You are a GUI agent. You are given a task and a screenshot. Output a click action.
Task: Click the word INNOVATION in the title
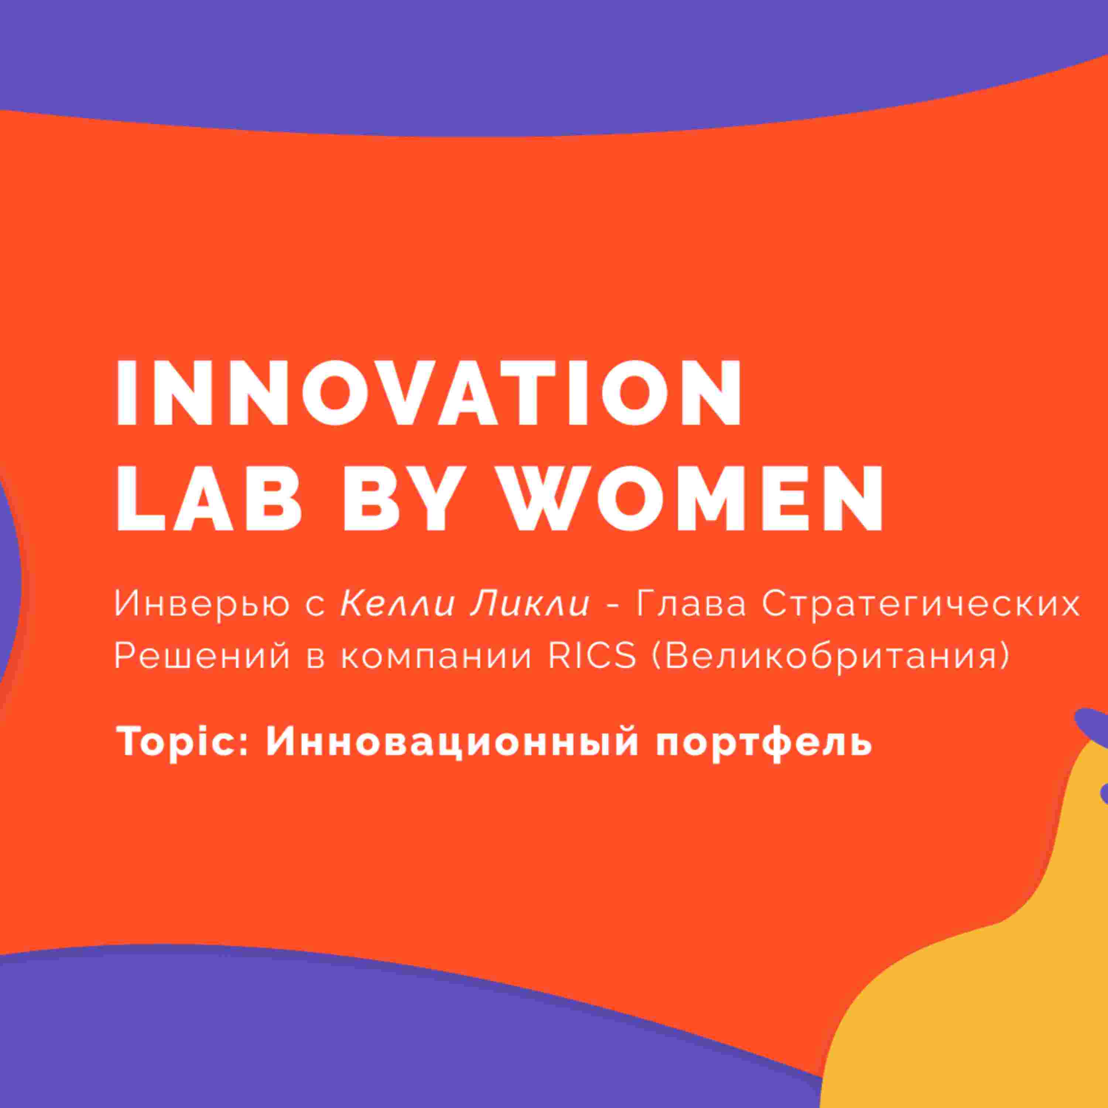pyautogui.click(x=429, y=393)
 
